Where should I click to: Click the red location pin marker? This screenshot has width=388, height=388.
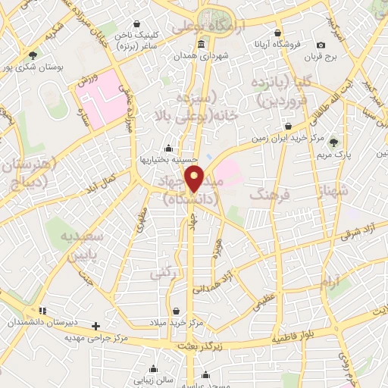(196, 179)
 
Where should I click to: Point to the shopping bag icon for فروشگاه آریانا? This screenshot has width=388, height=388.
(280, 34)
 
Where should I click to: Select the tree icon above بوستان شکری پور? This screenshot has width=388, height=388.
(33, 55)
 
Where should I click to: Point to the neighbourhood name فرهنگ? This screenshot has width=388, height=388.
(264, 196)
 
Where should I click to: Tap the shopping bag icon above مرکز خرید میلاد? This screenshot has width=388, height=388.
(176, 311)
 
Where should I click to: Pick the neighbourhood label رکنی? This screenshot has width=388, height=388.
(164, 271)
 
